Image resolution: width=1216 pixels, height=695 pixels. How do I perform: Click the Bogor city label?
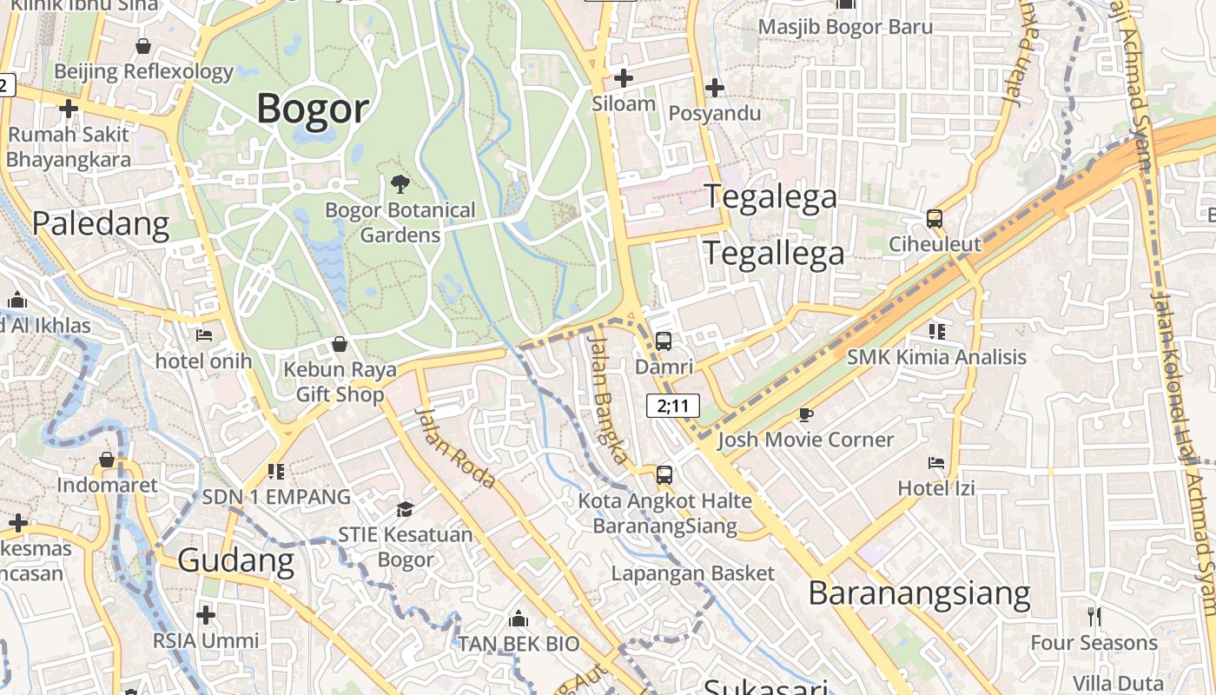(313, 109)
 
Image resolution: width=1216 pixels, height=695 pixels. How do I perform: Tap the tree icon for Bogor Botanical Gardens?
(400, 183)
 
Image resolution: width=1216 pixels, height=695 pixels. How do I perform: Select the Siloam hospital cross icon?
(623, 78)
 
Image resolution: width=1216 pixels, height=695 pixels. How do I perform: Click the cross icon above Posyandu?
(715, 88)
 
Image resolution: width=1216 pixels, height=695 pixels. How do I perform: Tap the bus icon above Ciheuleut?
(935, 219)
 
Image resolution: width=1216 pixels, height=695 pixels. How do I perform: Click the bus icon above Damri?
(664, 341)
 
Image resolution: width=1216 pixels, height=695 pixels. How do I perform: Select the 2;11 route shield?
(673, 406)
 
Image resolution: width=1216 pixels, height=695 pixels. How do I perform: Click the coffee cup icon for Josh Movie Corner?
(806, 414)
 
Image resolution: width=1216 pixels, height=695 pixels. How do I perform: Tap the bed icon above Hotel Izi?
(936, 463)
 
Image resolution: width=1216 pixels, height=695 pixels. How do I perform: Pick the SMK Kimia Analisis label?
(936, 357)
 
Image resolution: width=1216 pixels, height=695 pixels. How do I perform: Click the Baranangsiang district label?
(919, 594)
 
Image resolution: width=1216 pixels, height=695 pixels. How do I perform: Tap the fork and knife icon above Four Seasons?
(1094, 617)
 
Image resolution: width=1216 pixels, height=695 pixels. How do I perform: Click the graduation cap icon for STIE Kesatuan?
(405, 509)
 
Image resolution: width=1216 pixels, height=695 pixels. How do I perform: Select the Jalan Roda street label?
(454, 447)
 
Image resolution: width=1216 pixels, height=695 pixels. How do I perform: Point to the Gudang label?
(236, 560)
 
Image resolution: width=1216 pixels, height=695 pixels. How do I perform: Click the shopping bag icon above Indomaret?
(107, 460)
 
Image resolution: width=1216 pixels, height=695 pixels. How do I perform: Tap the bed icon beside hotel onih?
(204, 334)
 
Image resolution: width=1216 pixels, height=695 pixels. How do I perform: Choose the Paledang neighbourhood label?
(101, 223)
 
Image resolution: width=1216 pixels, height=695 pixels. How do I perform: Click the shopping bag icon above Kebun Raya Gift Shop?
(340, 345)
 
